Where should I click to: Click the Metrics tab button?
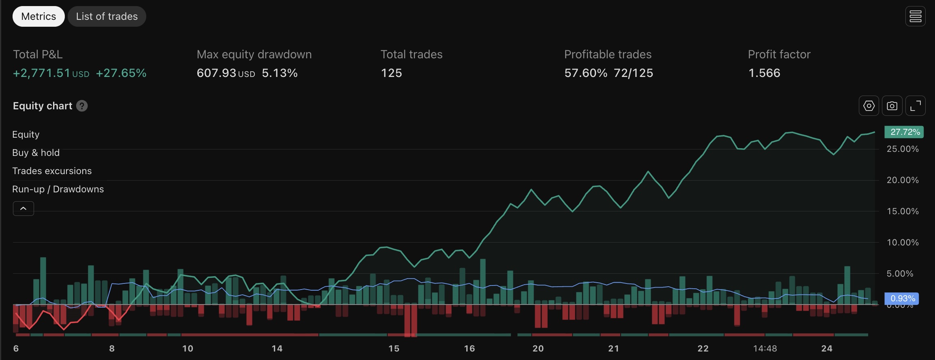click(38, 16)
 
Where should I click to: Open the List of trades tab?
click(107, 16)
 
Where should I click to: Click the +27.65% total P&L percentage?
click(121, 73)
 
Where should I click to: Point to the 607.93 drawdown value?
click(216, 73)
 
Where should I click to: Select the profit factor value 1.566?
click(764, 73)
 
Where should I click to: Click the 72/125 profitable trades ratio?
click(633, 73)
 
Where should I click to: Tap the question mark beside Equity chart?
click(82, 106)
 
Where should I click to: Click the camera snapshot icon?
click(892, 106)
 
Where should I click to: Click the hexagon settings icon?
click(869, 106)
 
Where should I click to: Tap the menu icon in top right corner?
click(915, 16)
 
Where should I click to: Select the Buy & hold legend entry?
click(36, 153)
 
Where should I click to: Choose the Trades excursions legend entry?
click(52, 171)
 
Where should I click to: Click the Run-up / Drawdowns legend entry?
click(58, 189)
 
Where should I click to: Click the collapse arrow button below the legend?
click(23, 209)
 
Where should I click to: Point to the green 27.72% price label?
click(904, 132)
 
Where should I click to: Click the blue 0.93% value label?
click(901, 298)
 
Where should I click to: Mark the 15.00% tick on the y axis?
click(902, 211)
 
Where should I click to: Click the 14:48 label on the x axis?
click(765, 348)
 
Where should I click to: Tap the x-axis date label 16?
click(469, 348)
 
